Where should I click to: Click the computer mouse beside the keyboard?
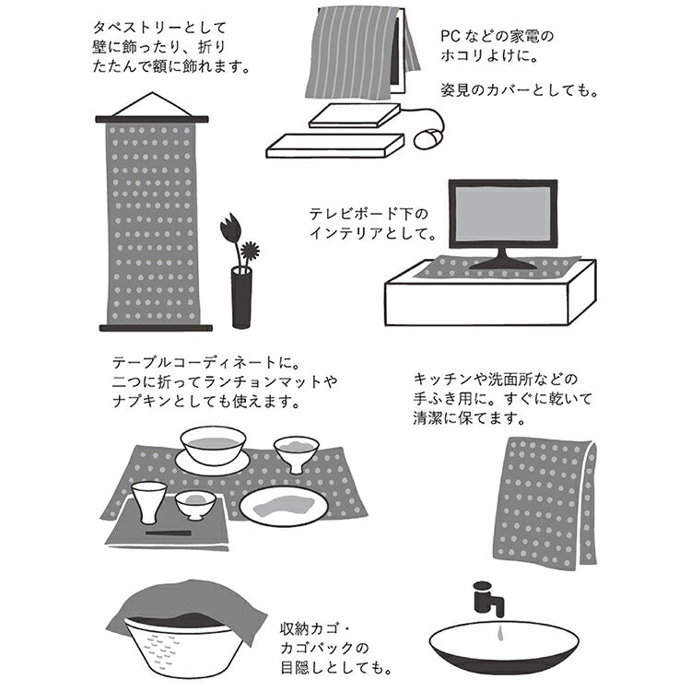click(x=427, y=138)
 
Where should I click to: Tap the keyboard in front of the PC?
click(x=335, y=146)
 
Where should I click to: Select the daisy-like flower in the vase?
click(x=251, y=251)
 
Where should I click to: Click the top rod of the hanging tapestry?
click(x=152, y=120)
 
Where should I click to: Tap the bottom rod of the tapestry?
click(x=156, y=328)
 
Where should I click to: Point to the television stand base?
click(x=503, y=264)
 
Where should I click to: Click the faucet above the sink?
click(x=488, y=599)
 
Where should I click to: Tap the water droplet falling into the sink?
click(x=499, y=633)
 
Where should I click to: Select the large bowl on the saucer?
click(x=214, y=444)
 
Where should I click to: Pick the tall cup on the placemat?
click(x=149, y=502)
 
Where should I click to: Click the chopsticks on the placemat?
click(x=169, y=533)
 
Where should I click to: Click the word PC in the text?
click(x=451, y=36)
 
